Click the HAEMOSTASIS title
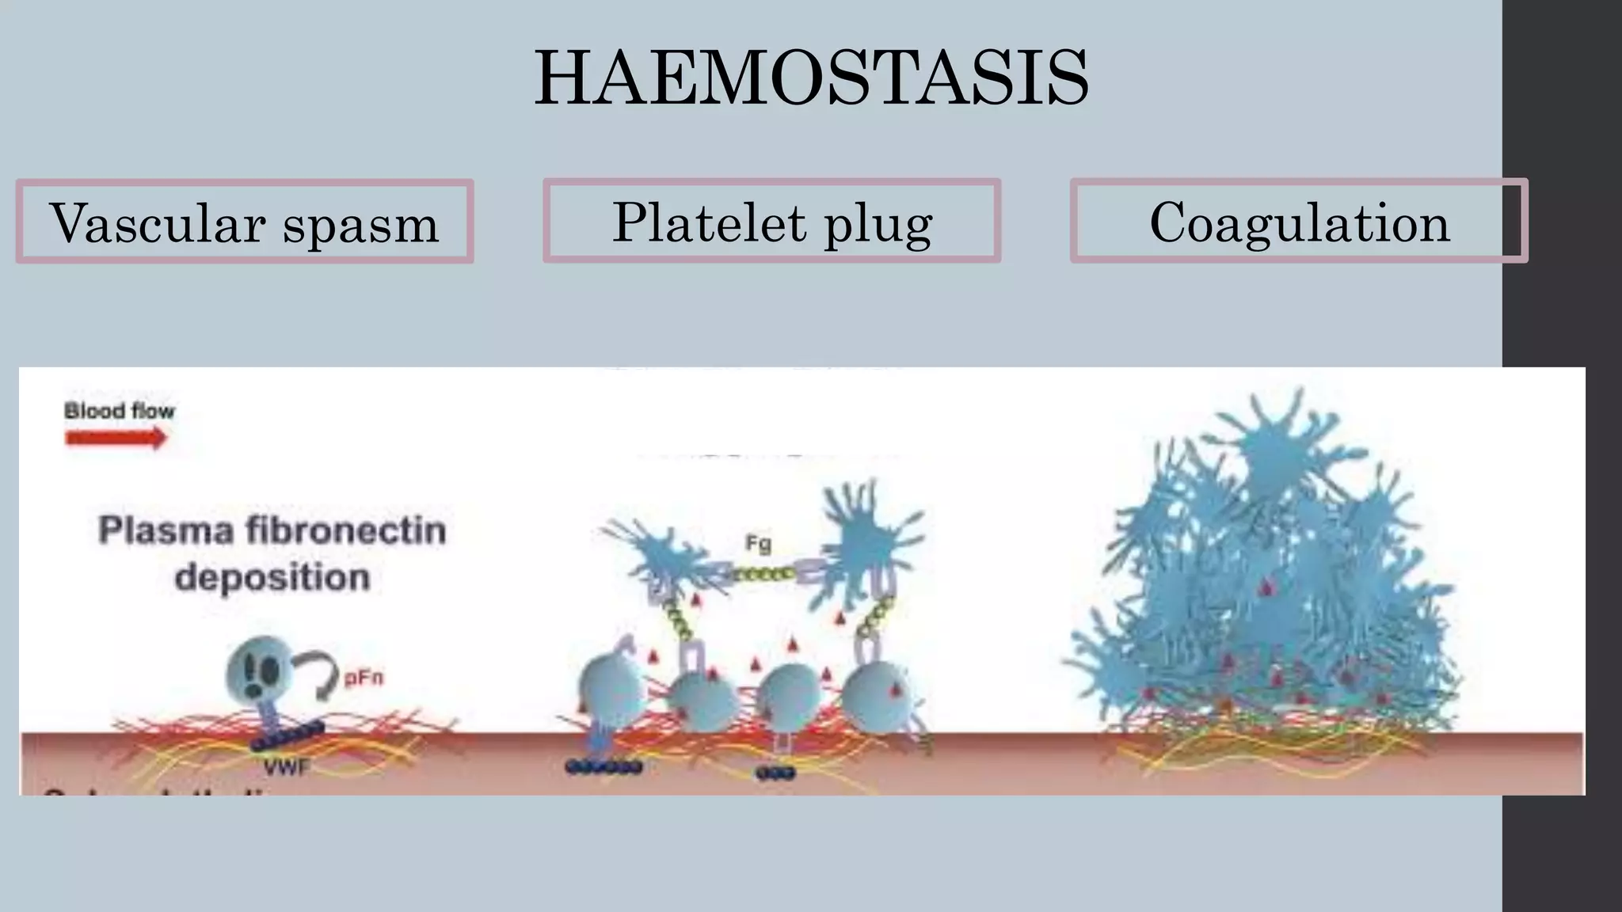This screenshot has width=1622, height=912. [x=811, y=78]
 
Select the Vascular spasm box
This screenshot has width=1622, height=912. [x=245, y=222]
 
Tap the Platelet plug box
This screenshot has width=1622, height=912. [x=772, y=221]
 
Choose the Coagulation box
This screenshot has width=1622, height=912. [x=1299, y=221]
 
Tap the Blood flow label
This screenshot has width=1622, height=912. [x=119, y=411]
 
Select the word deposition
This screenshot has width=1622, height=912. [x=272, y=577]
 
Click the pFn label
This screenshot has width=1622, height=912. [x=364, y=678]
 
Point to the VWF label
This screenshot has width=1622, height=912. [x=286, y=766]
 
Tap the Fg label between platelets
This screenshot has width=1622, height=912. [x=758, y=543]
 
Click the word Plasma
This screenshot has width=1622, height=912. [x=166, y=530]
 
